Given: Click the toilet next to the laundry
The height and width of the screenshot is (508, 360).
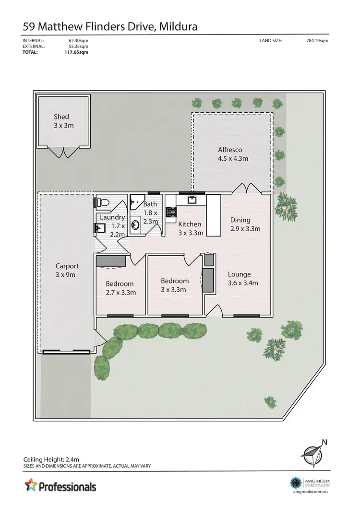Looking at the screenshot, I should [101, 202].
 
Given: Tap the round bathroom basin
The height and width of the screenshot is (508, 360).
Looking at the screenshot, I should [135, 224].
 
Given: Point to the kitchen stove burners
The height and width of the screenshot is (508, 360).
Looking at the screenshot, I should [171, 211].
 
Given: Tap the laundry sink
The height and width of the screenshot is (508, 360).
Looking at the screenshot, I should [99, 228].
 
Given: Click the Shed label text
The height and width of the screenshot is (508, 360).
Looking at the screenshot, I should [61, 117].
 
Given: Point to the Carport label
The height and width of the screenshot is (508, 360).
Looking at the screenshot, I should [67, 266].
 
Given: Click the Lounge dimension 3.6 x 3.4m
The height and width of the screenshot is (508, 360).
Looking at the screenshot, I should [243, 283].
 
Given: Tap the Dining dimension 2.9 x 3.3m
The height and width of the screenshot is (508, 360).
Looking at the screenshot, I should [245, 228].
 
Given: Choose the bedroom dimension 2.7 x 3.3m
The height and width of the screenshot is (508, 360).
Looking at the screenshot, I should [121, 292].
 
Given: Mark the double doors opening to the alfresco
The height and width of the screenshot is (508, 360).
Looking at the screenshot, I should [248, 188].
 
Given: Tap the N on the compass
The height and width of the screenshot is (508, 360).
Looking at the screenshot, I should [324, 442].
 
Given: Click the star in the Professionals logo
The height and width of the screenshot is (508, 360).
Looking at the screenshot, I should [30, 485].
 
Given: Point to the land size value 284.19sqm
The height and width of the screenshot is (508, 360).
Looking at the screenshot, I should [317, 41].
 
